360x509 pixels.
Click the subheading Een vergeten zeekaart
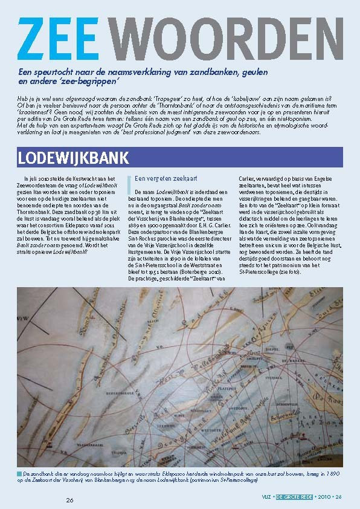pyautogui.click(x=159, y=179)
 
